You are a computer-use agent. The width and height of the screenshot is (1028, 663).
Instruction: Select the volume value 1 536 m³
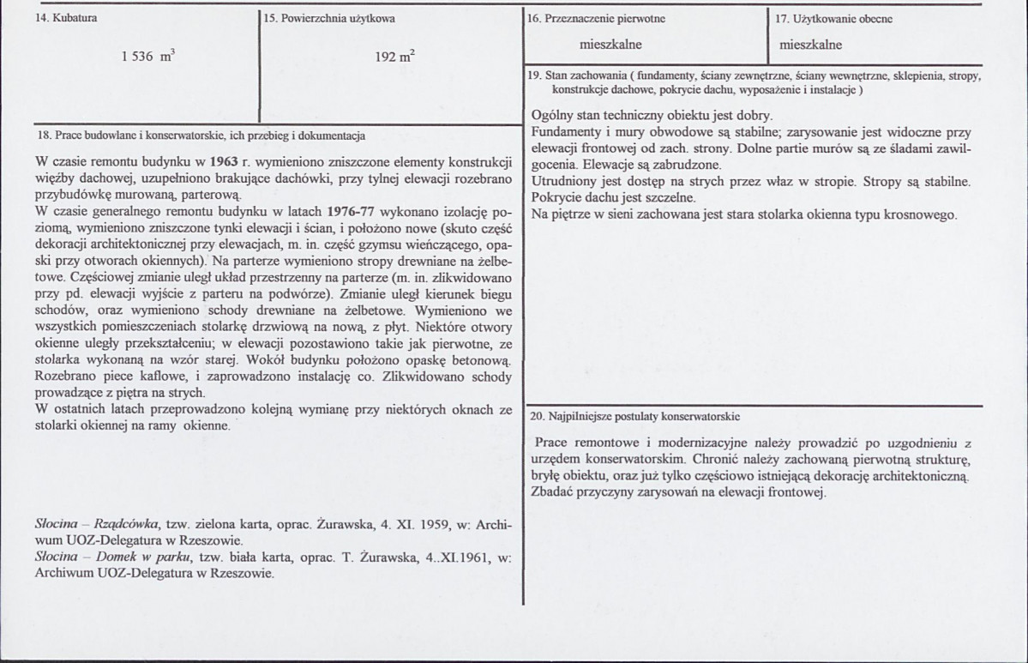(148, 57)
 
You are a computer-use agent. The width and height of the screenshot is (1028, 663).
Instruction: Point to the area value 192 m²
(395, 57)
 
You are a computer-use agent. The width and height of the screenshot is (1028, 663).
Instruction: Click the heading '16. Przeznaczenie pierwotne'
(597, 18)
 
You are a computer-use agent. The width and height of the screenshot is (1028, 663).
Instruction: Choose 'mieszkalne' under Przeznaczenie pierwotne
(610, 44)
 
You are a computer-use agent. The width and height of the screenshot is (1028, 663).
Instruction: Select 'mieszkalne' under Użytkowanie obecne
(811, 45)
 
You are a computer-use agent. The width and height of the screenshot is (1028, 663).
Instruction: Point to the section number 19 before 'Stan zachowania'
(535, 75)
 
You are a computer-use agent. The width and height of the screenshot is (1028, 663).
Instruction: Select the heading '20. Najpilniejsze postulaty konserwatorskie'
(634, 416)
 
